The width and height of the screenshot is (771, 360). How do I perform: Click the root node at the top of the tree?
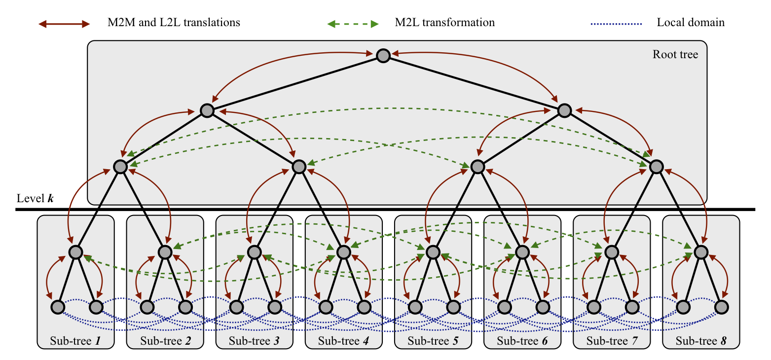point(383,56)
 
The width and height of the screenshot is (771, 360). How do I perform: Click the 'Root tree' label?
point(675,54)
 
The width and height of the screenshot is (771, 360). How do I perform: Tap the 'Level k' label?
point(35,198)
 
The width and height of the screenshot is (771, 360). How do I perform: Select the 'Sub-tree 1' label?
point(75,340)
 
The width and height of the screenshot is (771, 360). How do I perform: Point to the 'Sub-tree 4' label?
point(343,340)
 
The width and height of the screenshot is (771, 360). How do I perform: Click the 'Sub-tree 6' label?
point(522,340)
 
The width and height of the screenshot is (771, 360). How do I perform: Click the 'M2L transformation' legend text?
point(444,23)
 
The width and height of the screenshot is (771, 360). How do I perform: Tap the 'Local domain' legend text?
point(691,23)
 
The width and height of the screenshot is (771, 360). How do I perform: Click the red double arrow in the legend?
point(65,23)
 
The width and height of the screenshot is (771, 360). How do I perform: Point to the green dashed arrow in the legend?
point(354,23)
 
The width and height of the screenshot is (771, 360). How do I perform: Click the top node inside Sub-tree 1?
point(75,252)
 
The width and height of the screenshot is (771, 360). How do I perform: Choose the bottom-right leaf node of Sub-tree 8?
point(722,307)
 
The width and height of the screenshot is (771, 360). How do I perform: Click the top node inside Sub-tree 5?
point(433,252)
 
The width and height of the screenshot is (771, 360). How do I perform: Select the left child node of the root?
point(207,111)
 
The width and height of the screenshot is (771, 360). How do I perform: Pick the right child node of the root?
point(564,111)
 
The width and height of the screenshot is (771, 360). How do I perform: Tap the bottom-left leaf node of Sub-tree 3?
point(236,307)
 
